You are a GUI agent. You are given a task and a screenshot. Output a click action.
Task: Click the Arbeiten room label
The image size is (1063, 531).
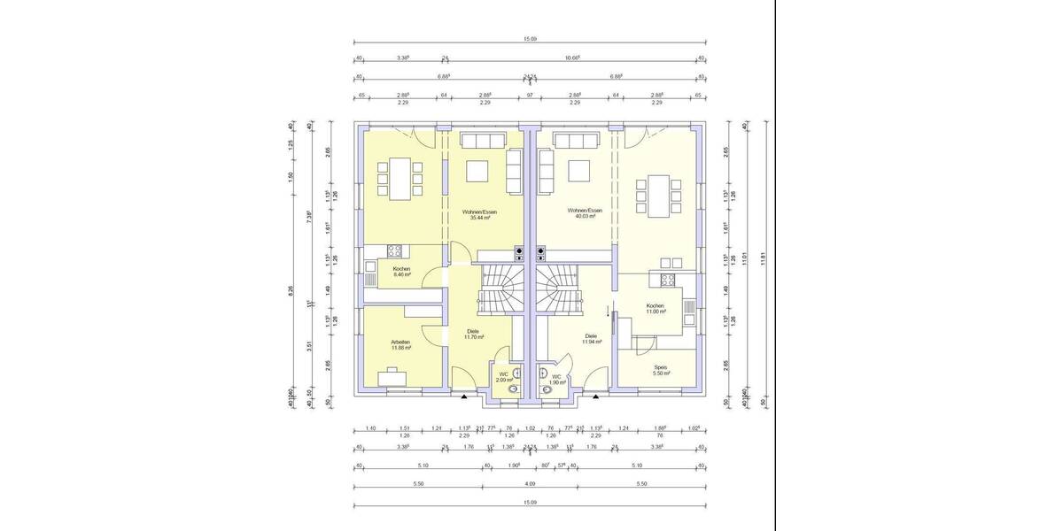[400, 341]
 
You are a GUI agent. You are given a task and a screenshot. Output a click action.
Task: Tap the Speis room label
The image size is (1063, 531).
[660, 367]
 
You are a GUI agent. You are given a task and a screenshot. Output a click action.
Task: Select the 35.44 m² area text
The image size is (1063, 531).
[479, 217]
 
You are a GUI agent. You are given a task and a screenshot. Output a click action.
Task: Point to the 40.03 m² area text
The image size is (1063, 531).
[585, 216]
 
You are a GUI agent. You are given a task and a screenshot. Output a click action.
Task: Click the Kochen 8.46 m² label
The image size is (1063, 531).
[401, 272]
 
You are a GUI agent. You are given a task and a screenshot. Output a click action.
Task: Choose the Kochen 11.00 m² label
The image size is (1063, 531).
[655, 309]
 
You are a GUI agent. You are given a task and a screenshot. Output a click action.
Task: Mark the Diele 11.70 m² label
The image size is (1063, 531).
[473, 335]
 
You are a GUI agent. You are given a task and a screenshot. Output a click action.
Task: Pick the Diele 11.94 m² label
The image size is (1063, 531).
[591, 338]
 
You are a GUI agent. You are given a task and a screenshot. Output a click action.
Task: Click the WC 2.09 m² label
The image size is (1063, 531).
[503, 377]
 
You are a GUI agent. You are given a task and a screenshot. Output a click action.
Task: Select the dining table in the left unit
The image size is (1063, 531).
[400, 177]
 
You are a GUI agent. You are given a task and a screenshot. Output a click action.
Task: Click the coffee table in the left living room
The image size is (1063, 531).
[479, 170]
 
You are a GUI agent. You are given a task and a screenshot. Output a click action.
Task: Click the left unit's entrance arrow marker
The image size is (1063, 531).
[464, 398]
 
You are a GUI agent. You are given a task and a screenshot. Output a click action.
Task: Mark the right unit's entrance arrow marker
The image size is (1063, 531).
[595, 398]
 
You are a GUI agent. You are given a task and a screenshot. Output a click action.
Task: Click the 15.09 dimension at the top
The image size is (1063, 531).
[530, 39]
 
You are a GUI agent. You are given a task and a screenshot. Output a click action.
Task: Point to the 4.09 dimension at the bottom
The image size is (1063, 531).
[530, 484]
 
